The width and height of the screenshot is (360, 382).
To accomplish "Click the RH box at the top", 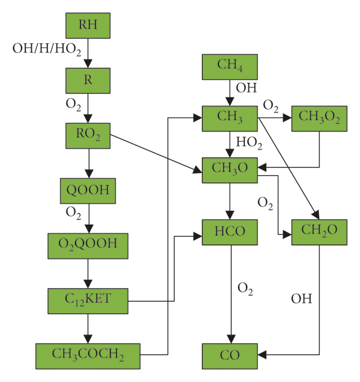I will (x=88, y=25).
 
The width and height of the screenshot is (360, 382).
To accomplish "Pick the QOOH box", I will (x=88, y=191).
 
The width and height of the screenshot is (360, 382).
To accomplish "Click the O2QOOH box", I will (x=88, y=246).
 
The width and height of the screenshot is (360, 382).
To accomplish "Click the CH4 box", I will (x=230, y=66).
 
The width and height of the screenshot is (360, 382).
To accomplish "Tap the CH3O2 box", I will (x=319, y=118).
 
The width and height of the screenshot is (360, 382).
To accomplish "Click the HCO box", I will (x=230, y=231).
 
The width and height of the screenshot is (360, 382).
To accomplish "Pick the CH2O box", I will (x=319, y=231).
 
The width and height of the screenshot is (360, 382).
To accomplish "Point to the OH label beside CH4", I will (x=246, y=88).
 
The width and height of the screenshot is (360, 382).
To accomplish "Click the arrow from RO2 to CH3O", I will (x=156, y=153).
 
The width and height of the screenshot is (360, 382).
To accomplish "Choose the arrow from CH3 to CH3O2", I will (x=275, y=118).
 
